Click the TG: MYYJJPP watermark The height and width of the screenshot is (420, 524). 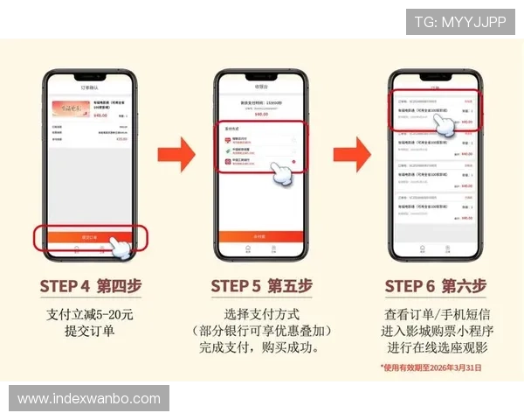(460, 22)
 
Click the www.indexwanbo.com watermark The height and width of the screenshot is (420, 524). (89, 399)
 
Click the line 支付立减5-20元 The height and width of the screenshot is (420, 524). (90, 314)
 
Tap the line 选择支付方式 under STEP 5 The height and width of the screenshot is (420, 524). (262, 314)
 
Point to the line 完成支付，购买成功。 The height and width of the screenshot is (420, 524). (262, 347)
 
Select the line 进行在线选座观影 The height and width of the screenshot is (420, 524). (435, 347)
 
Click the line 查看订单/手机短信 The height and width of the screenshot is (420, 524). (435, 314)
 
